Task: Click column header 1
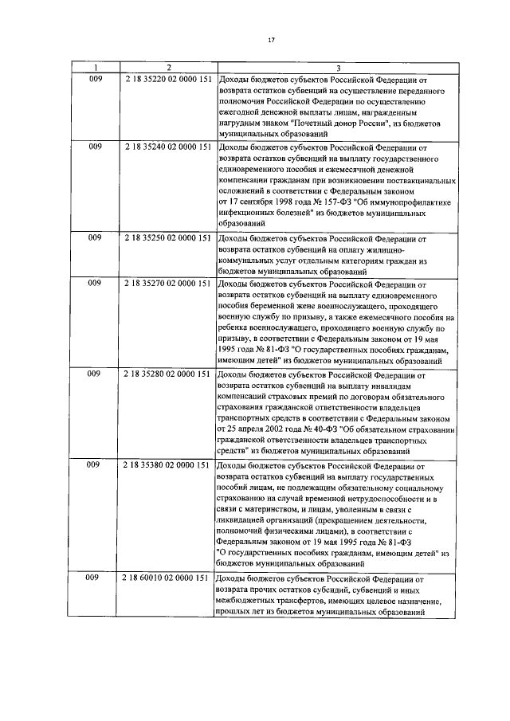[x=95, y=68]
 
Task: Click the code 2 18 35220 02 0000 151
[x=167, y=80]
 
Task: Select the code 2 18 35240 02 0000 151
[x=167, y=147]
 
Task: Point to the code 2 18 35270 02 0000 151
[x=167, y=283]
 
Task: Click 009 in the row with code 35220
[x=95, y=80]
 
